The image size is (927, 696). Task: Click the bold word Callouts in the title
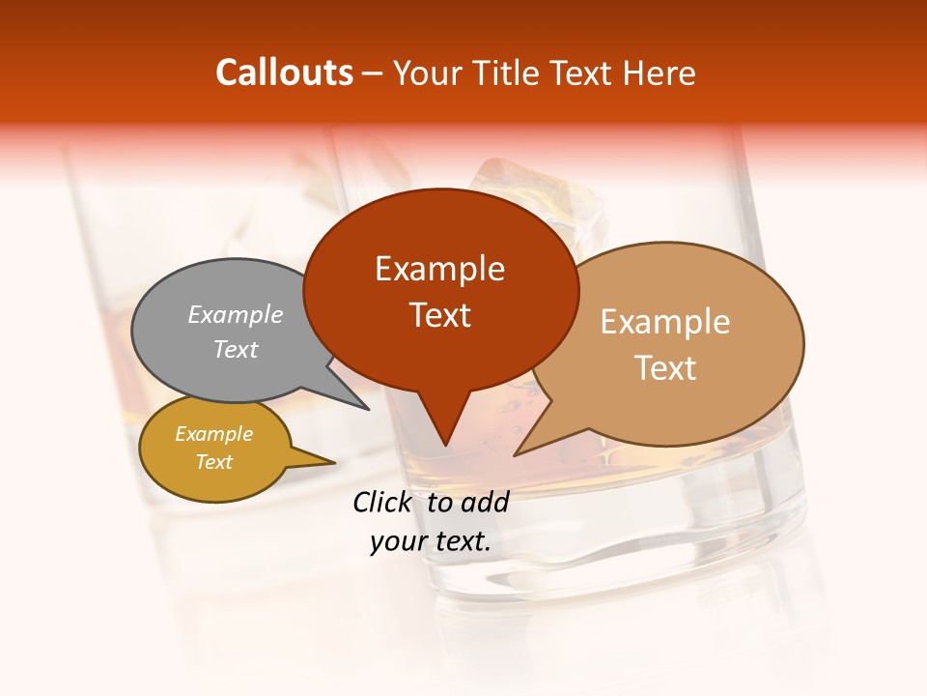pyautogui.click(x=284, y=72)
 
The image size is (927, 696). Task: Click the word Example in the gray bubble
pyautogui.click(x=236, y=315)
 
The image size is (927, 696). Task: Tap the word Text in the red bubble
pyautogui.click(x=440, y=315)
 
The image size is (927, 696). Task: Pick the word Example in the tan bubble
pyautogui.click(x=665, y=322)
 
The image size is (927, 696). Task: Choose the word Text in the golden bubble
pyautogui.click(x=214, y=462)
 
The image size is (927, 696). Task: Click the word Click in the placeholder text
pyautogui.click(x=383, y=502)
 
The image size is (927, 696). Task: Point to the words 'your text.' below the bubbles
pyautogui.click(x=430, y=541)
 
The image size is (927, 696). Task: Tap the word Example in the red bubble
pyautogui.click(x=440, y=269)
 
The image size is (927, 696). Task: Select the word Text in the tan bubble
pyautogui.click(x=665, y=368)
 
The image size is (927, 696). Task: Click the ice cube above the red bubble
pyautogui.click(x=541, y=193)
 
